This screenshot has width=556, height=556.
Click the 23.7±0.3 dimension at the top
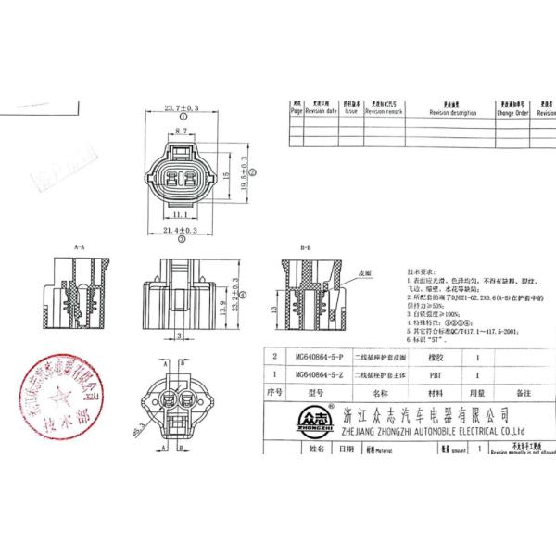[182, 108]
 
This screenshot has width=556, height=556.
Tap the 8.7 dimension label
[183, 133]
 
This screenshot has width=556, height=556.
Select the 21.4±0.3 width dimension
[182, 230]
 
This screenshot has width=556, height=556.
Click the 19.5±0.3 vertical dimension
[243, 173]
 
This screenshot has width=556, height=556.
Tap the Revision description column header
[452, 112]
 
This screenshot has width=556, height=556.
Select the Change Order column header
[512, 112]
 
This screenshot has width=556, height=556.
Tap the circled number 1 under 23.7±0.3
[182, 119]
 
